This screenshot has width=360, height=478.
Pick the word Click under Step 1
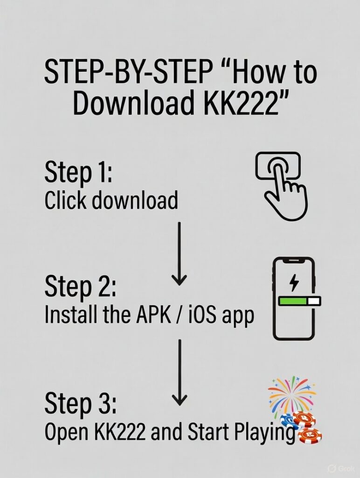point(65,201)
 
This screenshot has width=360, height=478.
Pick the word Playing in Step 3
point(268,433)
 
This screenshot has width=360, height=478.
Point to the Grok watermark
point(343,468)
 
